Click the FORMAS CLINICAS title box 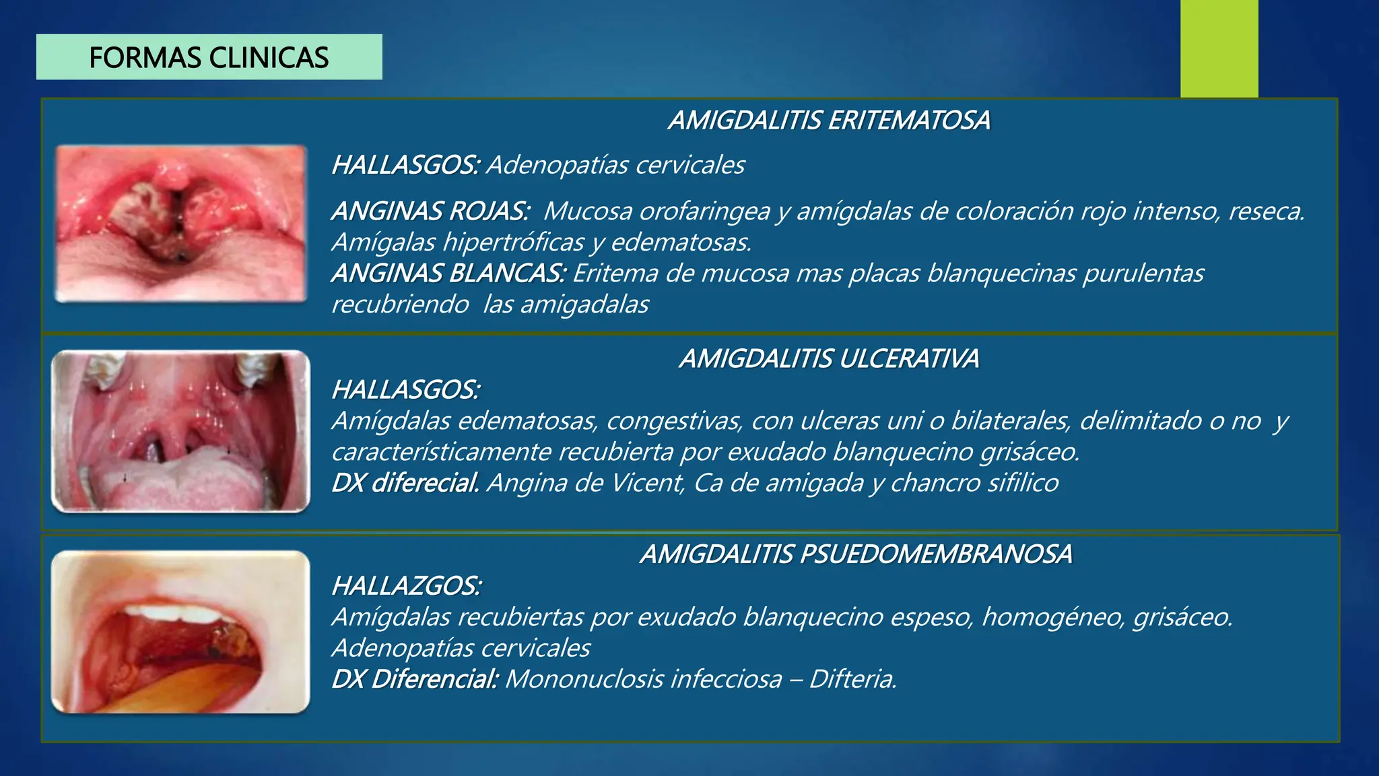[209, 57]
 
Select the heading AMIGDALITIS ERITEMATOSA [829, 121]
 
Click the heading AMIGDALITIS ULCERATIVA [829, 359]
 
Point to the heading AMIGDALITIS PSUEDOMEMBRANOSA [856, 554]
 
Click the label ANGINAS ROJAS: [430, 212]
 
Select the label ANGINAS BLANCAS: [448, 273]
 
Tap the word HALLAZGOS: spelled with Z [406, 586]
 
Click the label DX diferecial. [405, 483]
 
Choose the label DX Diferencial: [415, 679]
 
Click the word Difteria [853, 679]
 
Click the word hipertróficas [513, 243]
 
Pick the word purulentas [1143, 273]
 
